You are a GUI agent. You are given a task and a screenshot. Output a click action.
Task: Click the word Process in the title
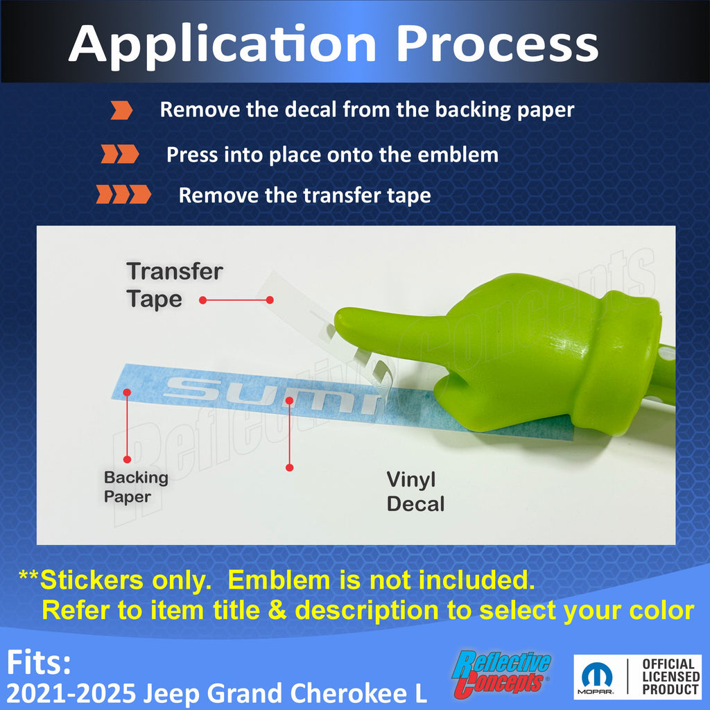coord(497,44)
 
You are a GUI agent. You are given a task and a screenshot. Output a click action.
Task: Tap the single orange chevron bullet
coord(121,110)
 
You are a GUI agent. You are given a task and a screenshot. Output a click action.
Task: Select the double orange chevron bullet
coord(120,154)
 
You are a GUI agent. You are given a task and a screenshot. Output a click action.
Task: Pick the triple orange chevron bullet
coord(123,194)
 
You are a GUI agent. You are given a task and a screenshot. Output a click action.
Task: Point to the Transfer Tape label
coord(175,285)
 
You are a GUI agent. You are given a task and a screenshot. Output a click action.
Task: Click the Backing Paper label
coord(136,487)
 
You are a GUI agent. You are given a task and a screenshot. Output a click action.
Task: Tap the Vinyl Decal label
coord(415,492)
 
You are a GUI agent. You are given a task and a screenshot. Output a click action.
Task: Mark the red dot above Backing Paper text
coord(128,392)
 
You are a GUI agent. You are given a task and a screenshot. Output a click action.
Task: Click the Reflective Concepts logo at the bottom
coord(501,674)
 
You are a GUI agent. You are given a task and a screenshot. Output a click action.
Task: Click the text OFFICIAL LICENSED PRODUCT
coord(670,677)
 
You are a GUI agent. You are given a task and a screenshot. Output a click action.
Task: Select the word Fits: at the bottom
coord(39,662)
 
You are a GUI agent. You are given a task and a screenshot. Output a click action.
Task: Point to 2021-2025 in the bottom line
coord(71,693)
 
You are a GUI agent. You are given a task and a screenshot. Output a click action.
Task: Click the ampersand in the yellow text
coord(277,610)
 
